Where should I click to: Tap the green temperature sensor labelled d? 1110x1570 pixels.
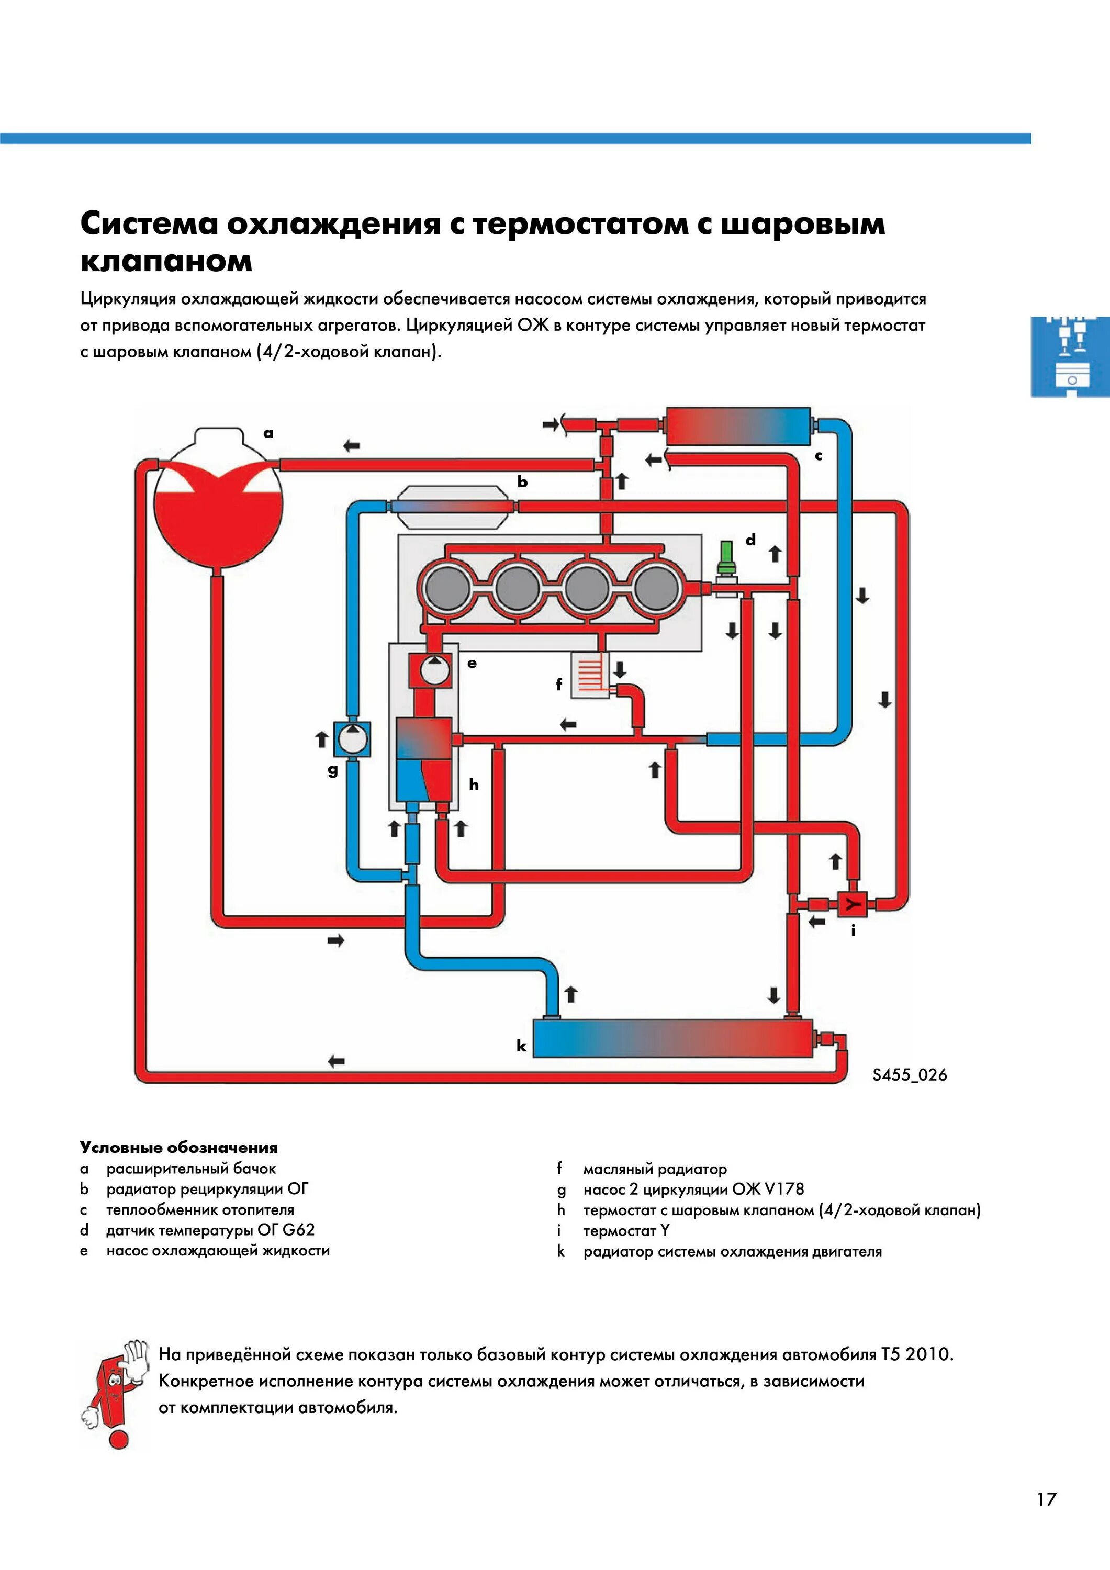pos(726,557)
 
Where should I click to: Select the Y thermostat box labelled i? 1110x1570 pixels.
pos(851,905)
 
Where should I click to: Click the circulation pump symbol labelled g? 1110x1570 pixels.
pos(352,739)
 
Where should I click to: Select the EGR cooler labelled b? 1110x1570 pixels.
pos(452,506)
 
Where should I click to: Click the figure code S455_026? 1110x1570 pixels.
pos(909,1074)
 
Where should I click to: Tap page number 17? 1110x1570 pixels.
pos(1046,1499)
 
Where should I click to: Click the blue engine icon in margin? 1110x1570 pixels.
pos(1070,356)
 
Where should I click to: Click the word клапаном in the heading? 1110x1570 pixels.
pos(166,261)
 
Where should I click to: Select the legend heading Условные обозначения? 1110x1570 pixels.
pos(178,1148)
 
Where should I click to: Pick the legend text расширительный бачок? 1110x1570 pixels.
pos(191,1169)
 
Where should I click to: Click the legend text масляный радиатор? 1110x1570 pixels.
pos(655,1169)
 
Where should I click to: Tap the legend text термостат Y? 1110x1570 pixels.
pos(626,1231)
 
